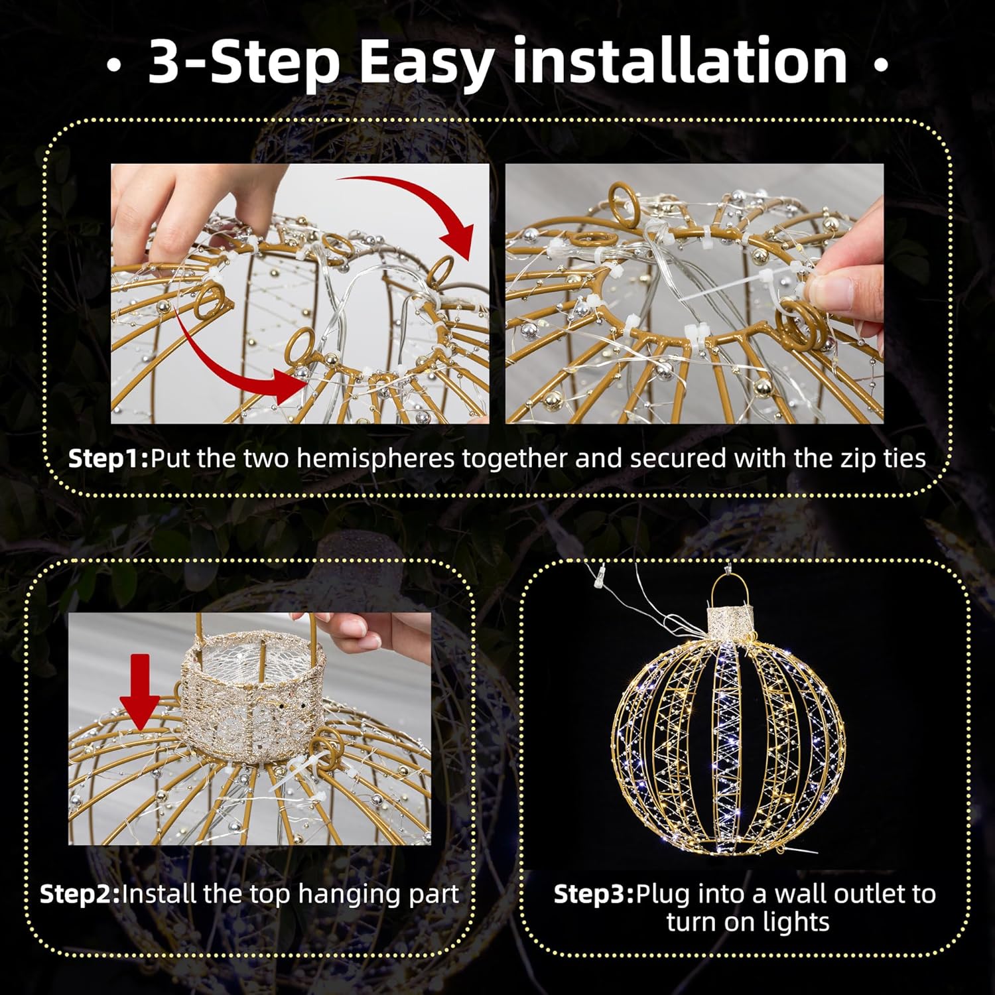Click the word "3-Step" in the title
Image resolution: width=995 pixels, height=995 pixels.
(x=243, y=62)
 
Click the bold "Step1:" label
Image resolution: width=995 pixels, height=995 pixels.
(x=109, y=459)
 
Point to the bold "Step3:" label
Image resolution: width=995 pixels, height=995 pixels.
(x=594, y=894)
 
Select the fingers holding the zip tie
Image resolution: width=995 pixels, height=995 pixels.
(x=842, y=265)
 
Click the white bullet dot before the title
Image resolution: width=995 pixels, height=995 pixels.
(x=114, y=66)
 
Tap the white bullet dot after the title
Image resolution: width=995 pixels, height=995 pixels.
(x=881, y=66)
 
